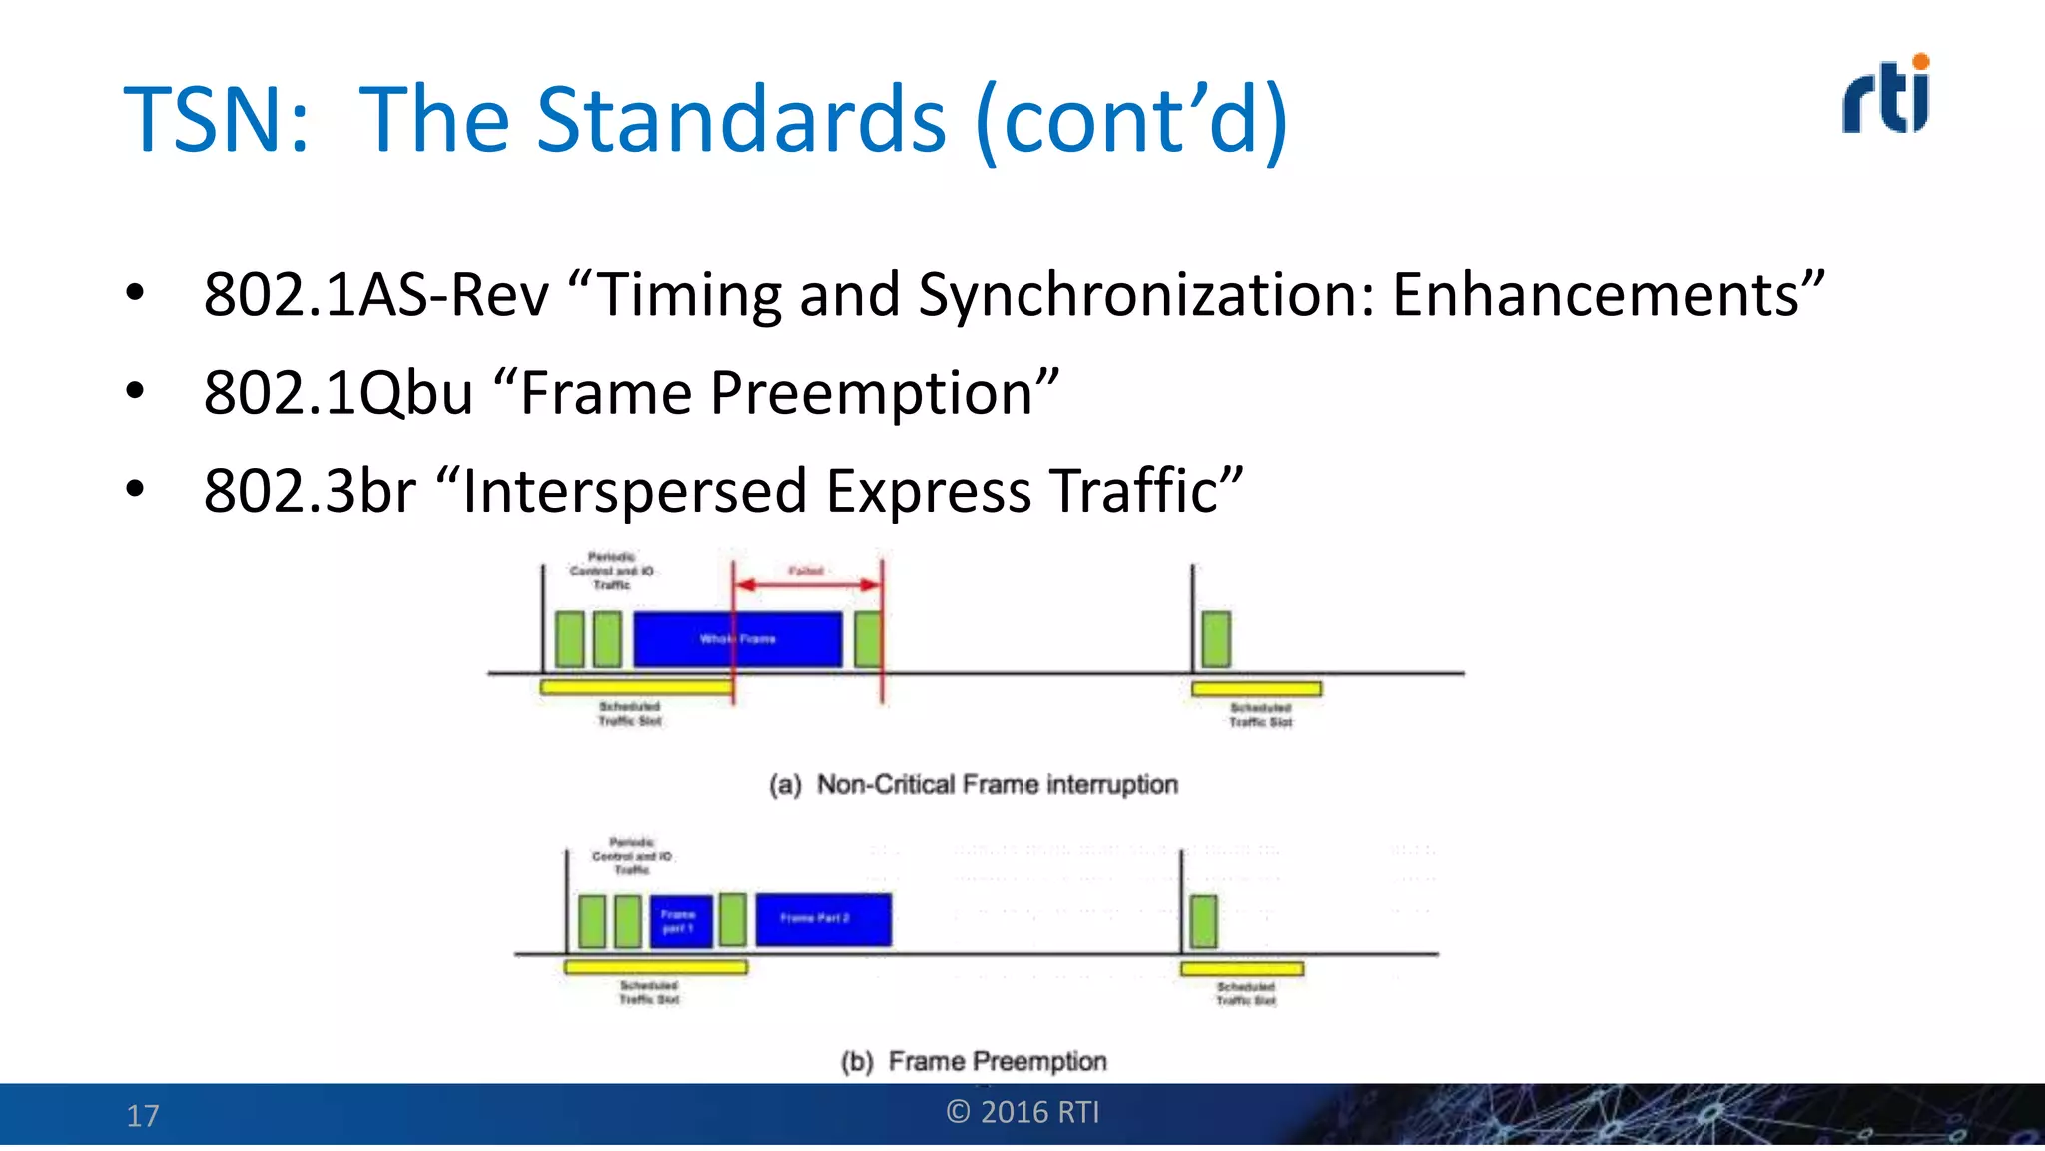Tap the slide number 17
click(x=143, y=1115)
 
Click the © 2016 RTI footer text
click(x=1022, y=1112)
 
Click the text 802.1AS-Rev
click(x=376, y=295)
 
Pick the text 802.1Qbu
click(x=339, y=393)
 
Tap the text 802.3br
click(x=310, y=491)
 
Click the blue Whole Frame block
click(x=737, y=639)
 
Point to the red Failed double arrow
click(x=807, y=584)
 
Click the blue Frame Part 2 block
click(x=823, y=919)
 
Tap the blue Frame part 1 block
click(x=681, y=921)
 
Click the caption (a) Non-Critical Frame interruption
click(x=974, y=785)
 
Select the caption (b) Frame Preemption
click(x=974, y=1061)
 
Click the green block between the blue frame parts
click(x=733, y=920)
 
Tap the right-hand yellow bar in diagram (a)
click(x=1256, y=689)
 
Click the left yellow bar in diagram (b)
click(x=655, y=967)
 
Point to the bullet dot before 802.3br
click(x=136, y=489)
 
